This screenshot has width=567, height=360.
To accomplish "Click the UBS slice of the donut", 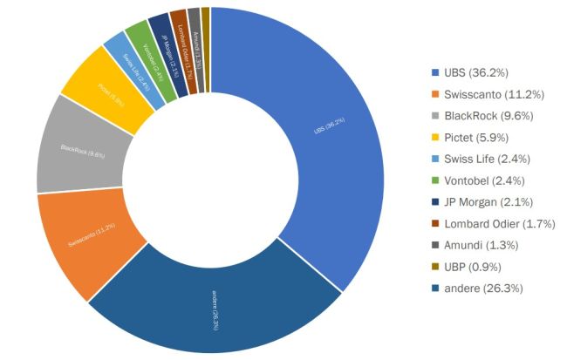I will click(x=323, y=131).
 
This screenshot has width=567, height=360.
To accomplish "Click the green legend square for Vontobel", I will click(x=435, y=180).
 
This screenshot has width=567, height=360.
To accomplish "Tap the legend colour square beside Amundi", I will click(x=435, y=245).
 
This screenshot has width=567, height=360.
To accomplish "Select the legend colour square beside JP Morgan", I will click(x=435, y=201).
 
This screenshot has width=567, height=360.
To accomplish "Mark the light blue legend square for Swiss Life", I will click(x=435, y=158).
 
